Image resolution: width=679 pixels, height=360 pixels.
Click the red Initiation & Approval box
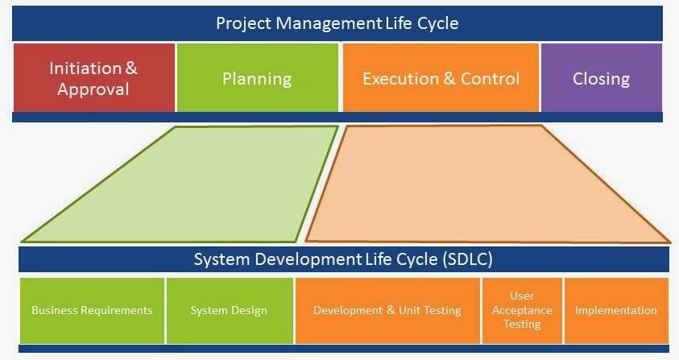[x=93, y=77]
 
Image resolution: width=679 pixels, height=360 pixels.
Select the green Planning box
[x=257, y=78]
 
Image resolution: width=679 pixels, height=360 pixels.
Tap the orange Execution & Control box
[x=441, y=78]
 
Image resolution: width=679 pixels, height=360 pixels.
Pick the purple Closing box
[x=601, y=78]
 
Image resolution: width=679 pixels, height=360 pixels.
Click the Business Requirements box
[x=92, y=310]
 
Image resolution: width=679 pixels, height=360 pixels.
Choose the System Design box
[x=229, y=310]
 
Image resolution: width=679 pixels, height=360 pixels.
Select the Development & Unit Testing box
[x=387, y=310]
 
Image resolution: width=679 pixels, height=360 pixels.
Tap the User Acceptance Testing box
[x=522, y=310]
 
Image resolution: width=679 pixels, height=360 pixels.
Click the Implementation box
[x=616, y=310]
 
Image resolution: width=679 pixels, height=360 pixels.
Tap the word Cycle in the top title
[x=437, y=23]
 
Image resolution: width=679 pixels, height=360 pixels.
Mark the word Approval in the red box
[x=93, y=89]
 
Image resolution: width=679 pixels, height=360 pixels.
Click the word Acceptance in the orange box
[x=522, y=310]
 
